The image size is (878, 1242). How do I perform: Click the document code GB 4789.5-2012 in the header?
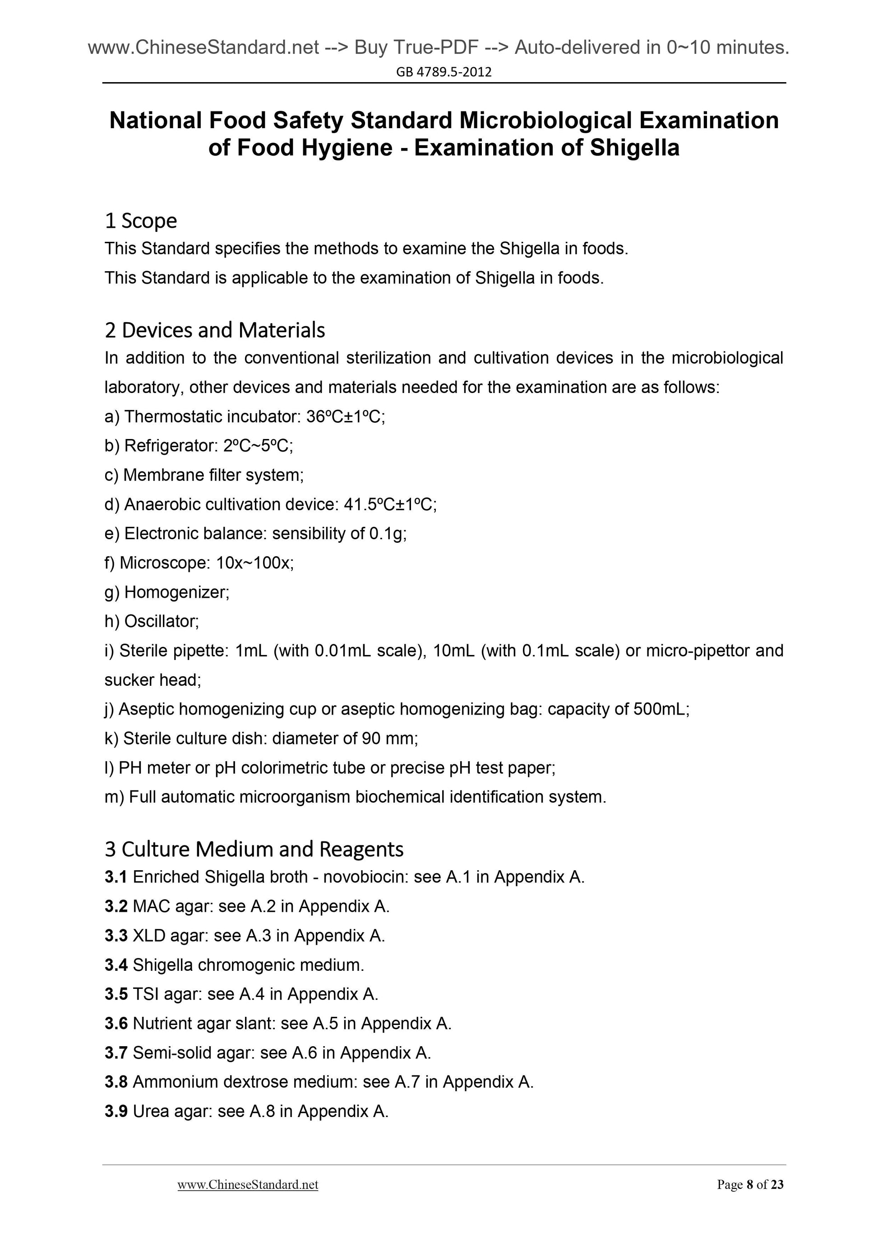click(444, 72)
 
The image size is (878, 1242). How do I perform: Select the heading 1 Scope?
click(141, 221)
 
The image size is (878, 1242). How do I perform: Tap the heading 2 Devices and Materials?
click(215, 330)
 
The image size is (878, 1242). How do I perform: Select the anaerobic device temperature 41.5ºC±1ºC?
click(389, 504)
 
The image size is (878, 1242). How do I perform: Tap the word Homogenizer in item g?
click(176, 592)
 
